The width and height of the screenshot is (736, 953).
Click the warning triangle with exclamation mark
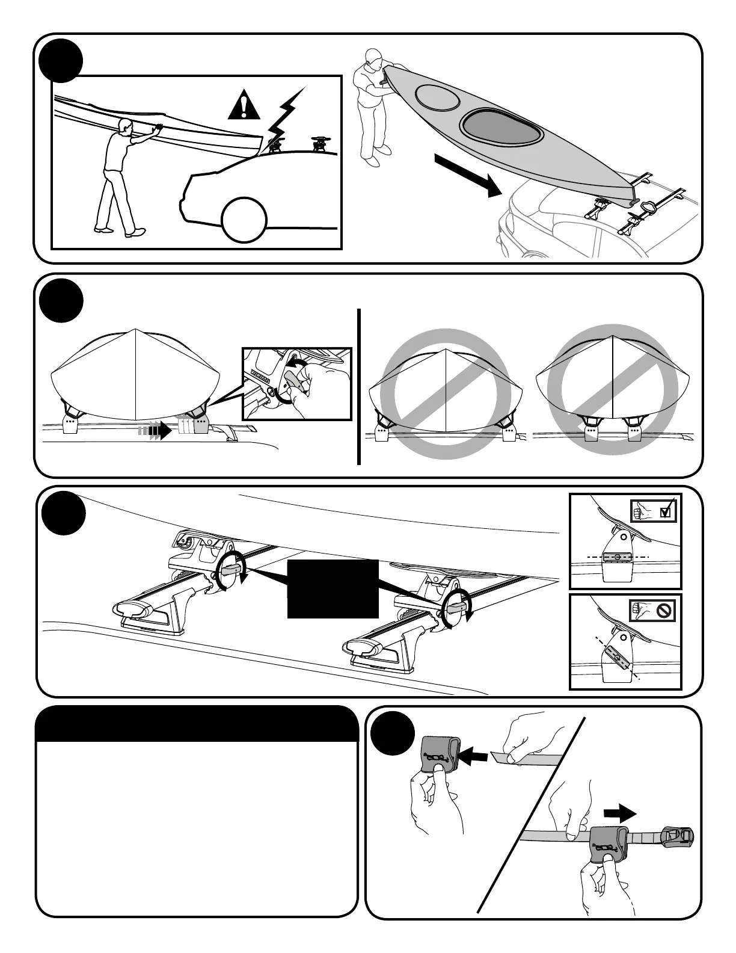click(243, 106)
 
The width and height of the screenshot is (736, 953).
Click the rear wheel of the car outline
click(244, 219)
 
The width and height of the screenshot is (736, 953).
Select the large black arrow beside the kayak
click(468, 174)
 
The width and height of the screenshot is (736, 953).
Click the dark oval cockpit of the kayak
click(501, 127)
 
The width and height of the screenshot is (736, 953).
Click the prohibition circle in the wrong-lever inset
click(664, 611)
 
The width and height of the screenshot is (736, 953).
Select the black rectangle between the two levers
click(333, 588)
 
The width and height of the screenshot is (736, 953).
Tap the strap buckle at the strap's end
click(676, 837)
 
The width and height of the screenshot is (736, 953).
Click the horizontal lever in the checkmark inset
click(618, 558)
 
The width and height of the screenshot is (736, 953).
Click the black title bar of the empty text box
click(197, 725)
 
